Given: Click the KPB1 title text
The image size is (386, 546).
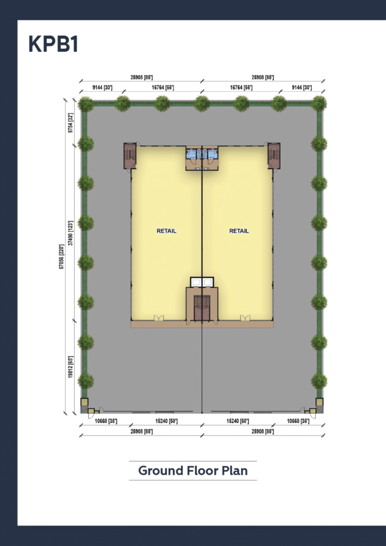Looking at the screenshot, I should click(x=53, y=45).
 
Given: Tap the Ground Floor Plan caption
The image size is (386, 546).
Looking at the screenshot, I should click(x=192, y=471).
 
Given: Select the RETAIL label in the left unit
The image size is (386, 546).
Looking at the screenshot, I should click(x=166, y=231).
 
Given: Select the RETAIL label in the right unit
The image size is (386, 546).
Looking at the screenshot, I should click(x=239, y=231).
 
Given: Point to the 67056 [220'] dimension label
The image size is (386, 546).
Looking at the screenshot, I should click(x=62, y=256).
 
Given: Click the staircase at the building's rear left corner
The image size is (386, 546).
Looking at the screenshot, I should click(x=130, y=156).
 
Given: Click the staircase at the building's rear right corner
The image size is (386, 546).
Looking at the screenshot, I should click(x=274, y=156).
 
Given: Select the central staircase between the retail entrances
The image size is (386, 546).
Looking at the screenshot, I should click(x=202, y=308).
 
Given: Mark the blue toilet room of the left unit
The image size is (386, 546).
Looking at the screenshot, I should click(x=192, y=154).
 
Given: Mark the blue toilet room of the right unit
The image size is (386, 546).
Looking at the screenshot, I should click(x=212, y=154).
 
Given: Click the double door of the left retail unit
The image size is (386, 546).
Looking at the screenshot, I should click(x=158, y=318).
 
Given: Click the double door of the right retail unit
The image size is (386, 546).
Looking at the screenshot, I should click(x=245, y=318).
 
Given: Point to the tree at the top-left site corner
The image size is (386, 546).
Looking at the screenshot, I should click(x=85, y=103).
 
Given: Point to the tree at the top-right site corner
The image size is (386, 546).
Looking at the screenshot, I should click(x=319, y=103).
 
